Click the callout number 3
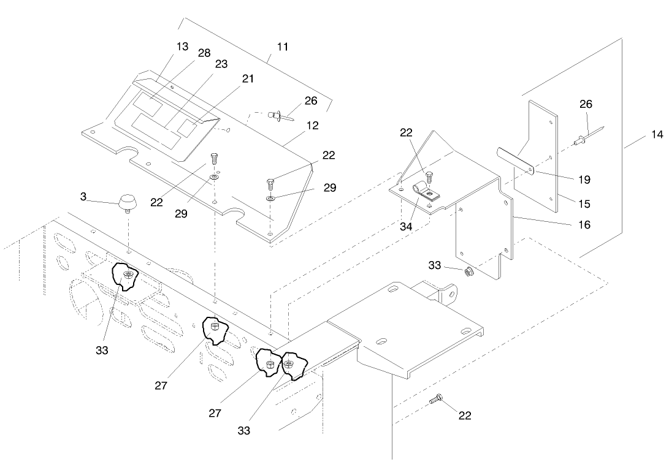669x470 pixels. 83,197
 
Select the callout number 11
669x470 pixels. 283,47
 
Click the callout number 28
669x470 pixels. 204,54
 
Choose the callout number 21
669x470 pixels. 248,78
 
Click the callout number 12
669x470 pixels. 313,126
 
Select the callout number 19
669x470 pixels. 584,180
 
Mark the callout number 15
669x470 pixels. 584,204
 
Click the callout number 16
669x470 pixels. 584,225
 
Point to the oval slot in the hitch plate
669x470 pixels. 381,341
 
